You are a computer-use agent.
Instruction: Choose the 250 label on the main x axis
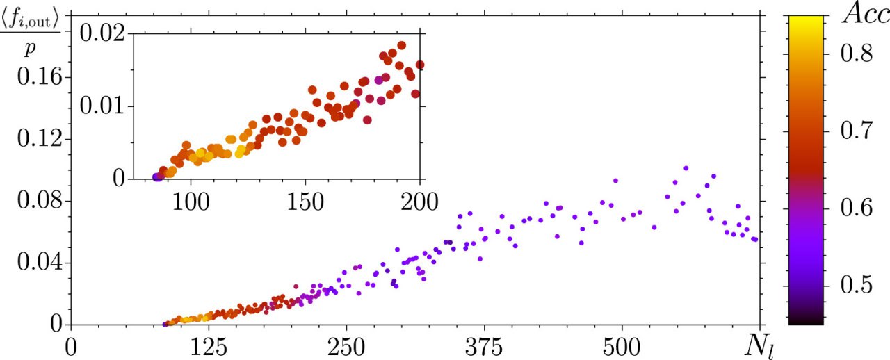click(x=346, y=345)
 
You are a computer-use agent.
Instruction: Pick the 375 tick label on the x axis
click(x=484, y=345)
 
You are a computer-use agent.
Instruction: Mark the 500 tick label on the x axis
click(x=622, y=345)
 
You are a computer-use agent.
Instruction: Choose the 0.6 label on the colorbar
click(x=857, y=207)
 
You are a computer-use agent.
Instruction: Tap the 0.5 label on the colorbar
click(x=857, y=284)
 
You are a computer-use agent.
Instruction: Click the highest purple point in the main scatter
click(x=686, y=168)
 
